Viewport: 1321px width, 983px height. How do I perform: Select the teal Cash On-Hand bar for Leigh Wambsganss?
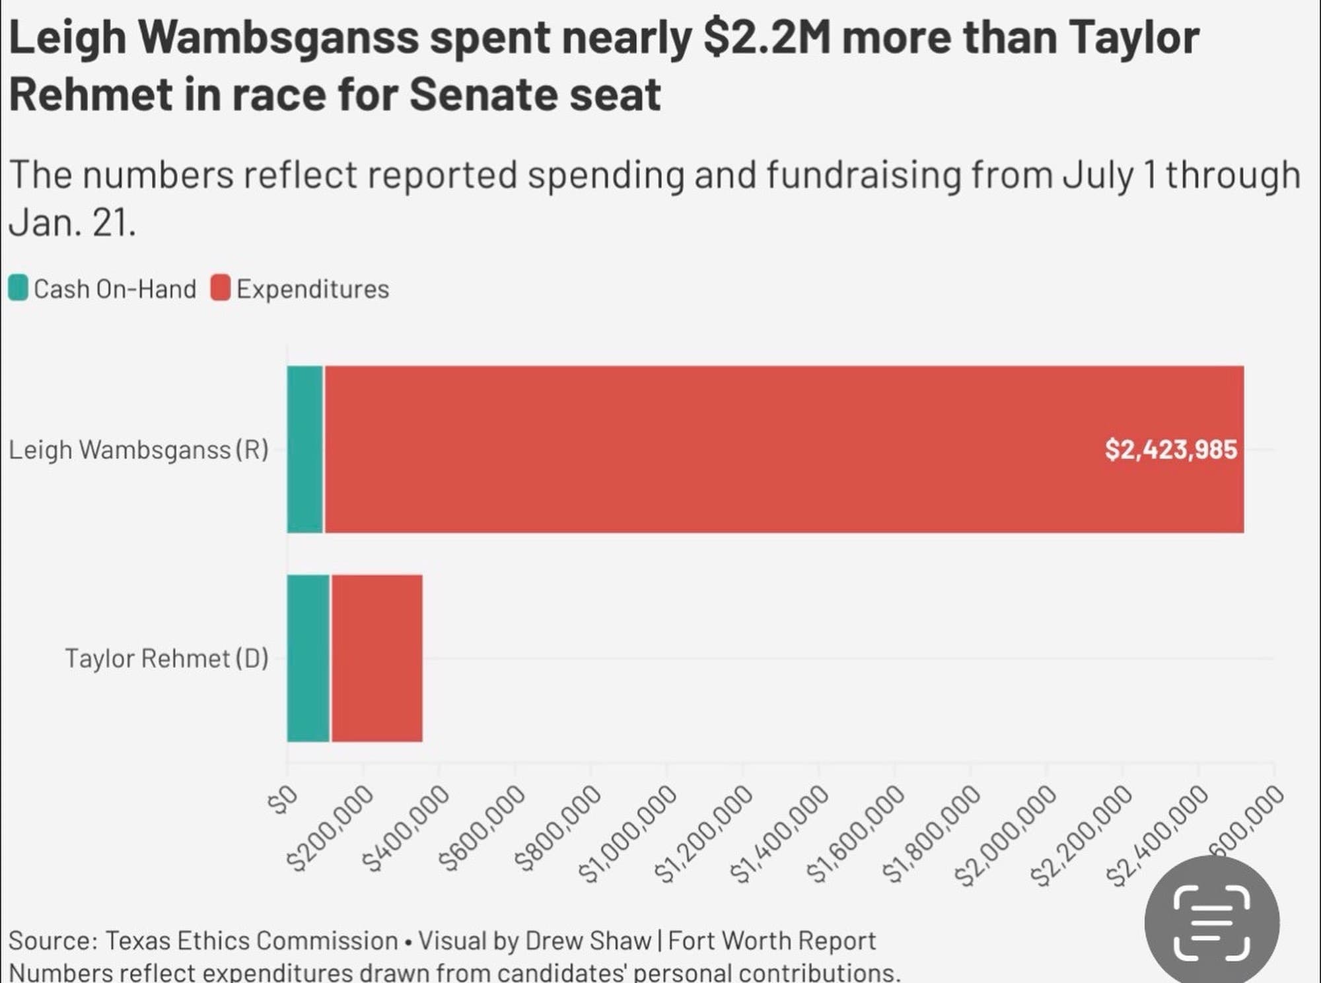[305, 449]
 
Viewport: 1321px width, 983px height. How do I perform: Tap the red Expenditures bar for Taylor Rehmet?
[376, 658]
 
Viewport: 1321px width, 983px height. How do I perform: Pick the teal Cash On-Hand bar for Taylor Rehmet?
[308, 658]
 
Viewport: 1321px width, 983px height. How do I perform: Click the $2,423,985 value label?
[1170, 450]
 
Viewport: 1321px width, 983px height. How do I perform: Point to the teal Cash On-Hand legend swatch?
[18, 288]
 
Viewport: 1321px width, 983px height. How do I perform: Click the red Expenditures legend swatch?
[221, 288]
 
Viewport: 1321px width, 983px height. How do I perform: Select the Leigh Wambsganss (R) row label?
[139, 450]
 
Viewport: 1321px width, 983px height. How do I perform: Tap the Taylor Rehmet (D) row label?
[166, 658]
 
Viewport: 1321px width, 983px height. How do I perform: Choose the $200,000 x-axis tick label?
[329, 829]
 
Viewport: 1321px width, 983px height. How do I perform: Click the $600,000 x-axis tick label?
[480, 829]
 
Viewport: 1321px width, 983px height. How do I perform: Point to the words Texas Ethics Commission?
[251, 940]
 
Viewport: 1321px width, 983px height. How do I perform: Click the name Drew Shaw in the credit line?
[588, 940]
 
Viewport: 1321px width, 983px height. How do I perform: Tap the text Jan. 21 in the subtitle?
[71, 222]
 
